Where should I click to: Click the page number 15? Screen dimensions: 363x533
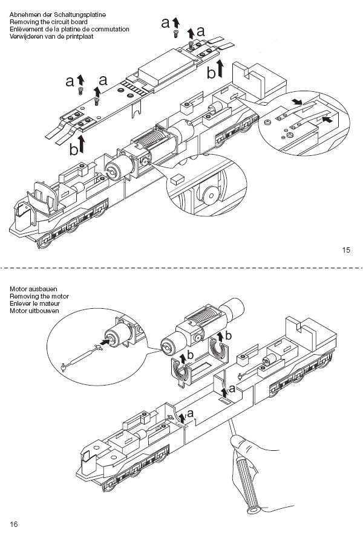(346, 250)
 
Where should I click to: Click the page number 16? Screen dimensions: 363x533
(13, 524)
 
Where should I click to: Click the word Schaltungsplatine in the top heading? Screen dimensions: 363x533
(80, 15)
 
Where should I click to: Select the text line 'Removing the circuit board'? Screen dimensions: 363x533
(48, 22)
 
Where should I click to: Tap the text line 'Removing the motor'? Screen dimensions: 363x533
(39, 296)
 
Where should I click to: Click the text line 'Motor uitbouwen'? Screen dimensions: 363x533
(34, 311)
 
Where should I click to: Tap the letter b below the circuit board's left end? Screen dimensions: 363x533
(73, 149)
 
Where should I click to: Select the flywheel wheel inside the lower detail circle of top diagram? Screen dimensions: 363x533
(211, 195)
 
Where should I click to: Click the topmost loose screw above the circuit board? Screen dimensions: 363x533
(176, 34)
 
